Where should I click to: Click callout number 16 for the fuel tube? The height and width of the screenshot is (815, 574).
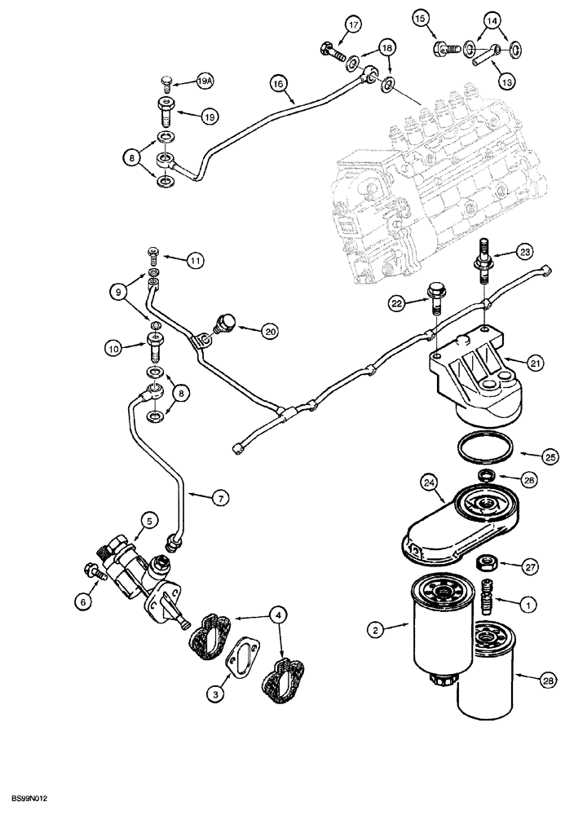click(x=278, y=83)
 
